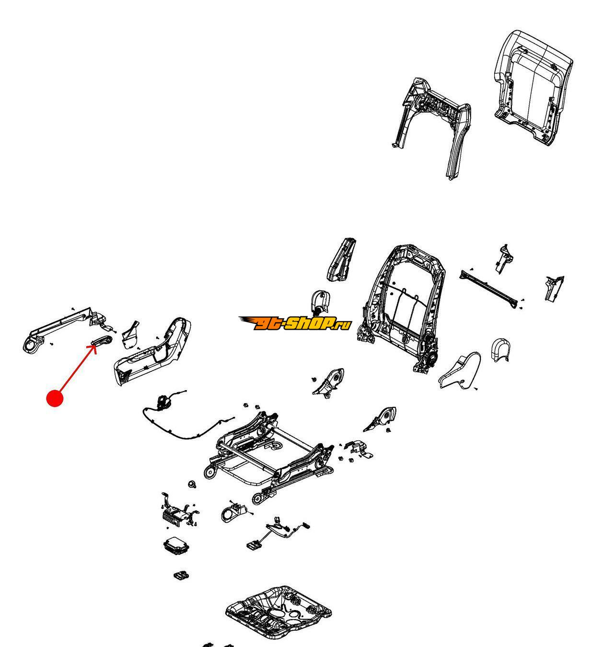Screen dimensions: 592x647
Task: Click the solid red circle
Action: [x=55, y=398]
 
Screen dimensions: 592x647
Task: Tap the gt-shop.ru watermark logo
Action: [x=294, y=323]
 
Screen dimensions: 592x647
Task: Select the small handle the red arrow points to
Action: [x=102, y=340]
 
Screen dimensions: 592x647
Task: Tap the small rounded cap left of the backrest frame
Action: [x=321, y=301]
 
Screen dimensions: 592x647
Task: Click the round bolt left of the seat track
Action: [x=192, y=484]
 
